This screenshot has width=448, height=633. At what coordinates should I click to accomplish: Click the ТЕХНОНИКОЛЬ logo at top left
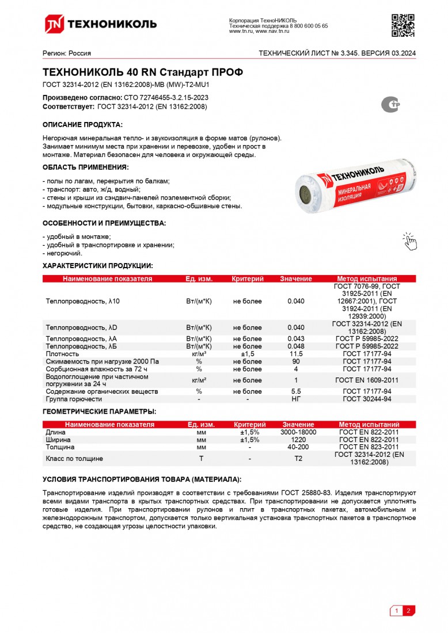click(x=101, y=24)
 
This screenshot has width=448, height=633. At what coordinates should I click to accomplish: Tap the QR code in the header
click(x=403, y=24)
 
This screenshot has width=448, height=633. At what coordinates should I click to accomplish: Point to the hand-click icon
click(x=409, y=242)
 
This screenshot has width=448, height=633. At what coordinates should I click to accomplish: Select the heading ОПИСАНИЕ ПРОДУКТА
click(x=82, y=124)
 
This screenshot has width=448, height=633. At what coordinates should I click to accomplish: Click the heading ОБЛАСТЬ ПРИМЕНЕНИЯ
click(x=85, y=167)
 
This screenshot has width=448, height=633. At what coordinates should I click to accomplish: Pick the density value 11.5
click(x=296, y=354)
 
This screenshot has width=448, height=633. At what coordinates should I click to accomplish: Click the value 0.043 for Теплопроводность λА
click(x=296, y=339)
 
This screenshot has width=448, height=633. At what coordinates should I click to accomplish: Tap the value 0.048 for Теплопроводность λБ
click(x=296, y=346)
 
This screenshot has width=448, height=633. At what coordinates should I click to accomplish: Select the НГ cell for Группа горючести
click(x=296, y=399)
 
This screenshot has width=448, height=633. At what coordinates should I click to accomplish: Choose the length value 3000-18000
click(x=298, y=432)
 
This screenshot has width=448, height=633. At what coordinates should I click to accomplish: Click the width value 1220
click(x=298, y=440)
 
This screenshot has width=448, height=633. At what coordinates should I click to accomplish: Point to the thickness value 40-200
click(x=298, y=447)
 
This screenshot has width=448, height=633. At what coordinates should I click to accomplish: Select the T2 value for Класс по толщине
click(x=298, y=459)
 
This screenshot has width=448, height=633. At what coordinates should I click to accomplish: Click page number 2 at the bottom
click(x=408, y=611)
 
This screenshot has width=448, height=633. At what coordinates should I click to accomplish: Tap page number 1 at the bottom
click(x=396, y=611)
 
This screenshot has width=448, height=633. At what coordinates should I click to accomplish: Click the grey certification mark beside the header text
click(x=392, y=104)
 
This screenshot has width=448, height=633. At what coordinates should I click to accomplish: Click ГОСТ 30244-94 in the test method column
click(x=367, y=399)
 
